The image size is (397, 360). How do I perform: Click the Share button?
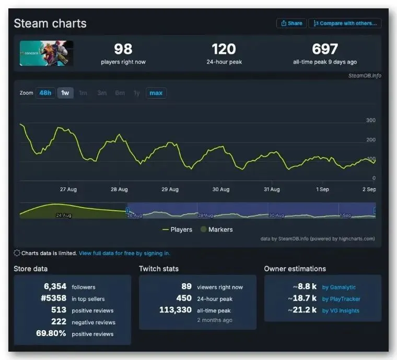291,23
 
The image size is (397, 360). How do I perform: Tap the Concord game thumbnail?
46,53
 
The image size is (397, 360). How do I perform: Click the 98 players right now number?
123,49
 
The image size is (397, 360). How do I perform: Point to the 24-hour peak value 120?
224,49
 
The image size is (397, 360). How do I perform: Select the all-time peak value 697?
325,49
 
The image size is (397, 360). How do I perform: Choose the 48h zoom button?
45,93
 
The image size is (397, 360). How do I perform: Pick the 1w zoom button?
65,93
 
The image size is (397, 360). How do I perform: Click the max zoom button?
156,93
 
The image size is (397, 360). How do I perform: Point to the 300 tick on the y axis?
370,121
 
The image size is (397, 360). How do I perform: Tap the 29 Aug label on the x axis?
170,189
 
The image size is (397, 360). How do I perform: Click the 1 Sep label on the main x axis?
322,189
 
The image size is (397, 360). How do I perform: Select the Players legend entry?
178,230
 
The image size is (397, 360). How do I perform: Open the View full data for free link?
124,254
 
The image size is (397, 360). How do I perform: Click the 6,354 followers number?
55,286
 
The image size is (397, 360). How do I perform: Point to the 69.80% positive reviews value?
51,333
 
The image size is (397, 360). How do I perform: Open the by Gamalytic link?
338,287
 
